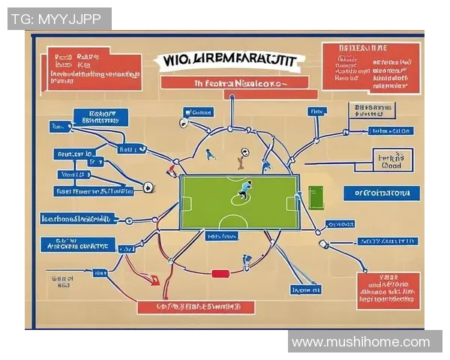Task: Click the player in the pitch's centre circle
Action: tap(242, 193)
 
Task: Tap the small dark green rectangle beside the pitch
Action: tap(313, 197)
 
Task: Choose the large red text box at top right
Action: tap(370, 68)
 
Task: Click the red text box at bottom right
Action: tap(388, 290)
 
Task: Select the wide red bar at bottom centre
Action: tap(196, 307)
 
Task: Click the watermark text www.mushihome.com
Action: tap(361, 342)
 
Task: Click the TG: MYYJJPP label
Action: tap(59, 19)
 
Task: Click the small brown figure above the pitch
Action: tap(240, 158)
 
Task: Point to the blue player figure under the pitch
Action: tap(246, 262)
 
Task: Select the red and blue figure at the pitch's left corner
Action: tap(172, 171)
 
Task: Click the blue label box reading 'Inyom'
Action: tap(306, 289)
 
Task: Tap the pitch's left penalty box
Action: tap(187, 203)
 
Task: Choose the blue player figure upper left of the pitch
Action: tap(211, 154)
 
